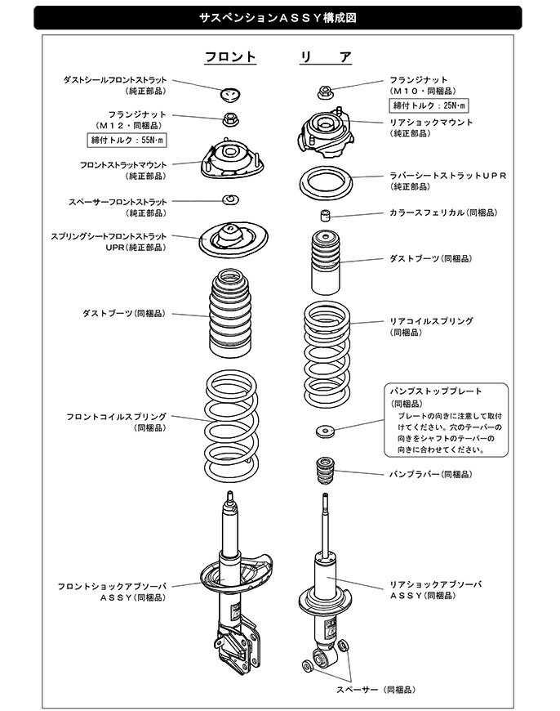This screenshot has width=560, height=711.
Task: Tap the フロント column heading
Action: [x=230, y=57]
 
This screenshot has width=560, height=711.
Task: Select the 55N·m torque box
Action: [x=127, y=141]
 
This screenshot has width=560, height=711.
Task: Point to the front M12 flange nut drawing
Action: [x=231, y=119]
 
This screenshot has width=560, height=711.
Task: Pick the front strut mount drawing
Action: [x=232, y=162]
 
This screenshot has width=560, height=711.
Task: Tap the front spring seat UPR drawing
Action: [x=232, y=240]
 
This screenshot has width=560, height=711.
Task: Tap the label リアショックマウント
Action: [x=430, y=122]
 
